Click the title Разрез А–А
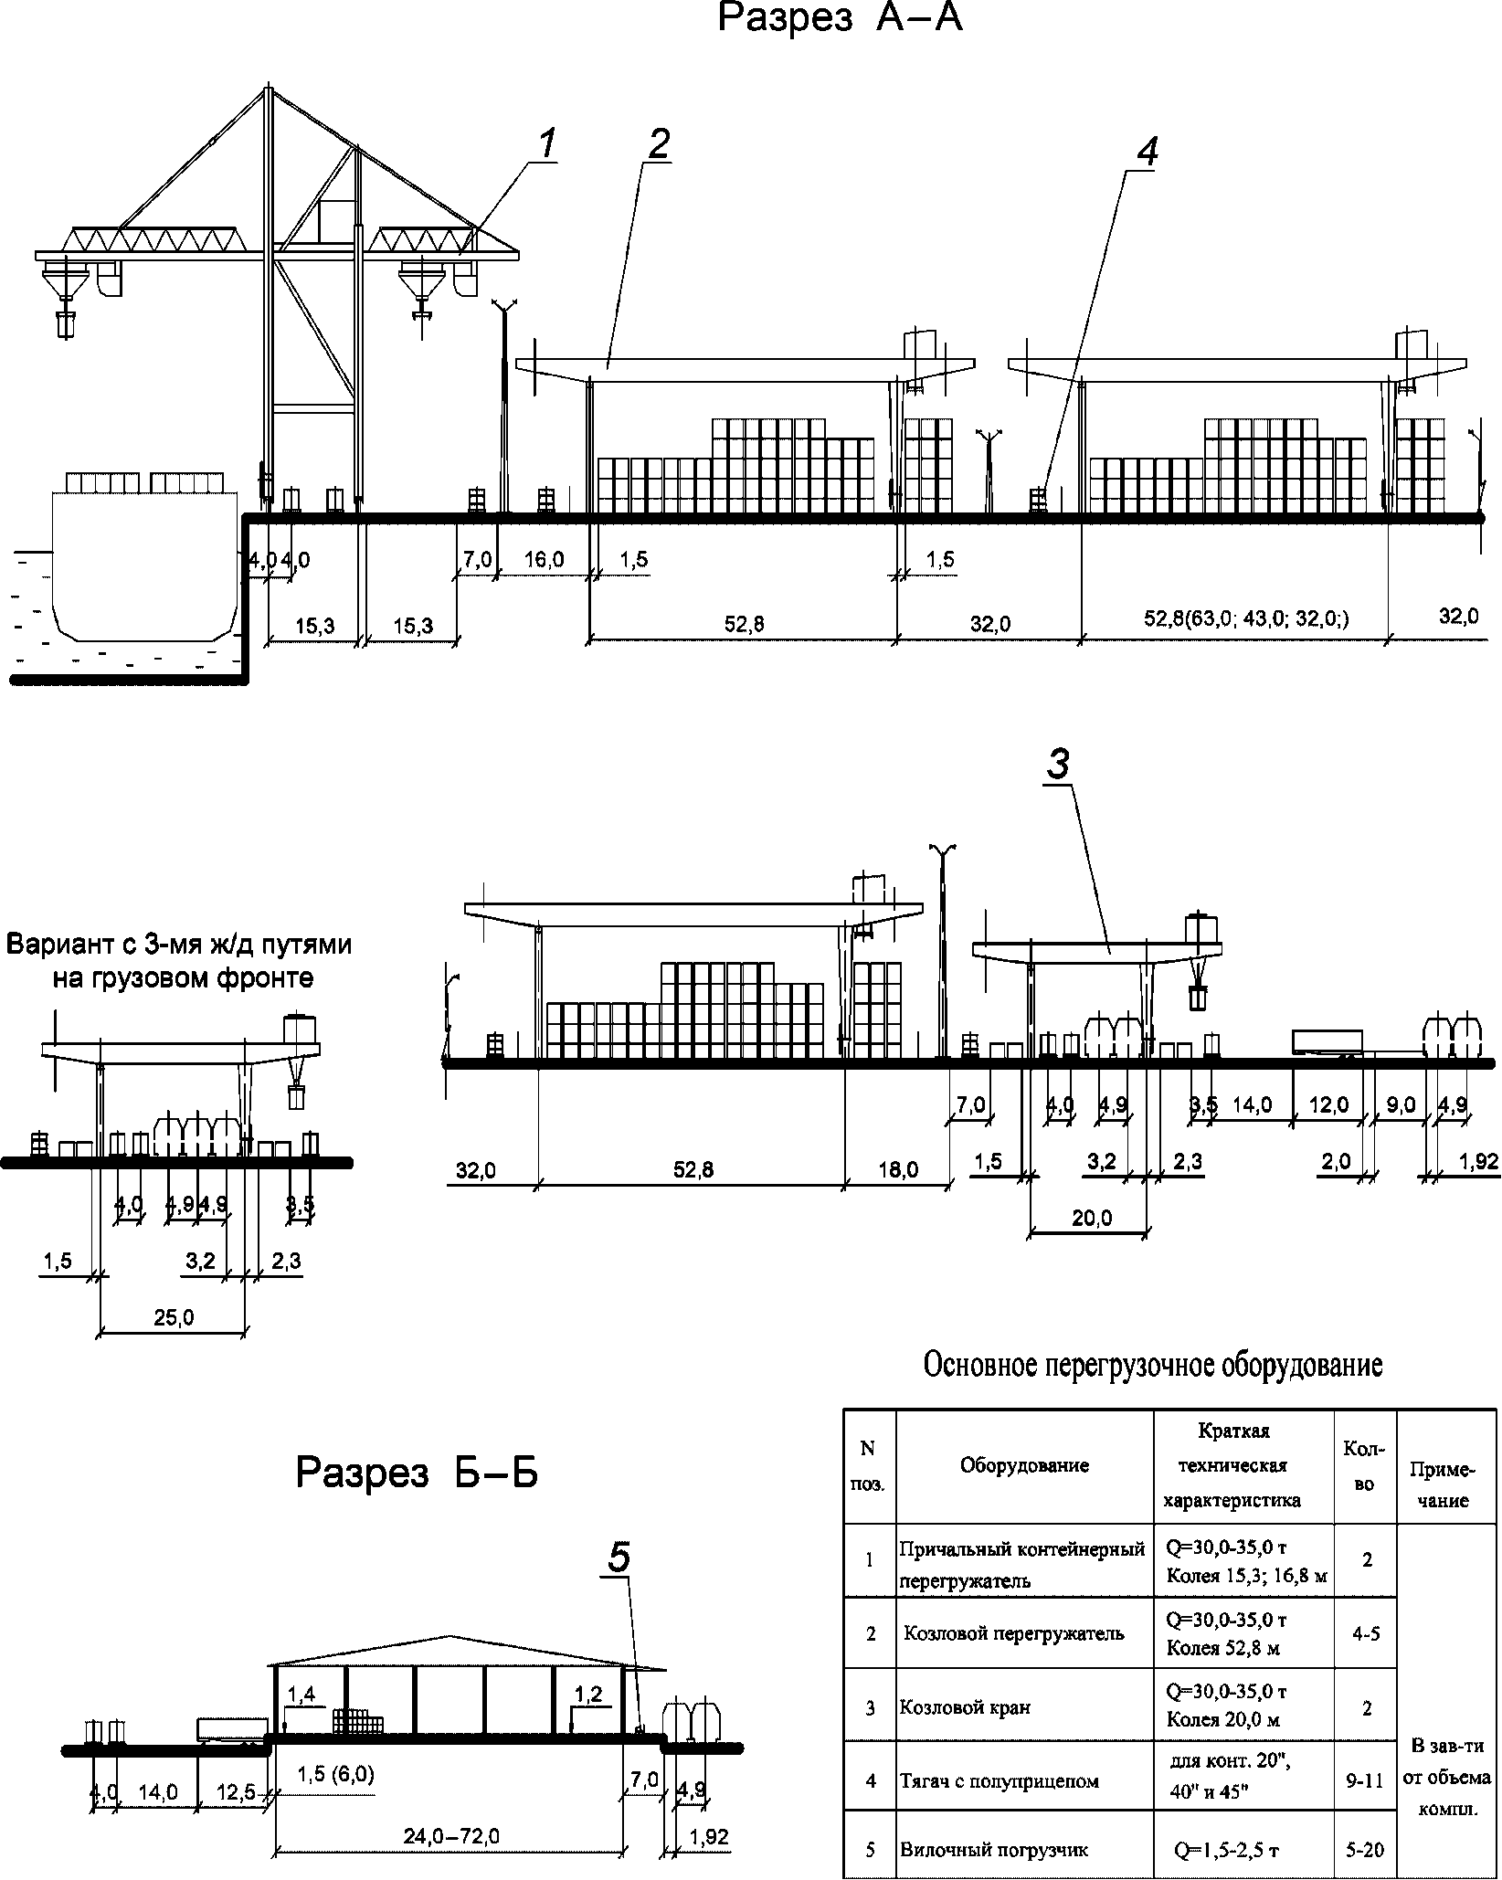(x=840, y=18)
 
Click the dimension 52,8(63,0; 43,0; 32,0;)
(x=1246, y=619)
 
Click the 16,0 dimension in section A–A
(x=545, y=559)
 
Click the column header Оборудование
(x=1024, y=1465)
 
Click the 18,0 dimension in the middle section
(x=898, y=1169)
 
